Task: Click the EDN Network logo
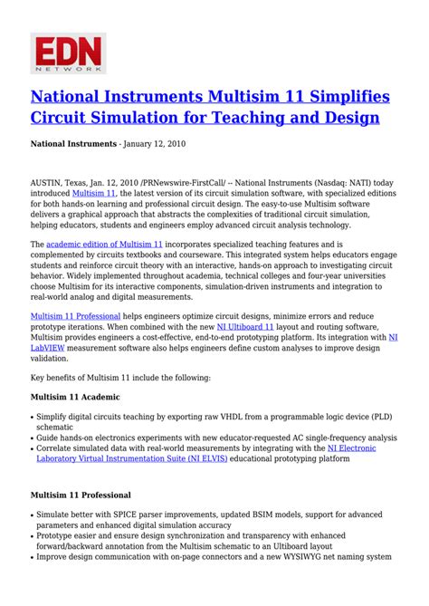pos(68,53)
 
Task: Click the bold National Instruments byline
pos(73,144)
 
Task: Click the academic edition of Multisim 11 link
pos(104,245)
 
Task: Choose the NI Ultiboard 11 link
pos(239,326)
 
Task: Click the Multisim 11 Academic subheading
pos(75,397)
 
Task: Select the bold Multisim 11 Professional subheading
pos(81,495)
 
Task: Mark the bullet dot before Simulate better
pos(33,514)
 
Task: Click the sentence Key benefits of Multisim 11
pos(120,377)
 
